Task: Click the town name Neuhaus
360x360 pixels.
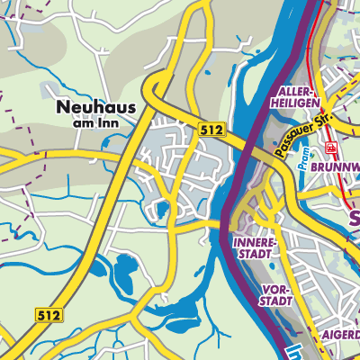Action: (95, 107)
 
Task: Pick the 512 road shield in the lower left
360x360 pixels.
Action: (48, 314)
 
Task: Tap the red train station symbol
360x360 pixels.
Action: (332, 147)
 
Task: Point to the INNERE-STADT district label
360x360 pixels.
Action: (254, 248)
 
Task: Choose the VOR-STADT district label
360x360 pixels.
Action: (274, 294)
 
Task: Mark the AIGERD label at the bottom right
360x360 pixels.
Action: (340, 334)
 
